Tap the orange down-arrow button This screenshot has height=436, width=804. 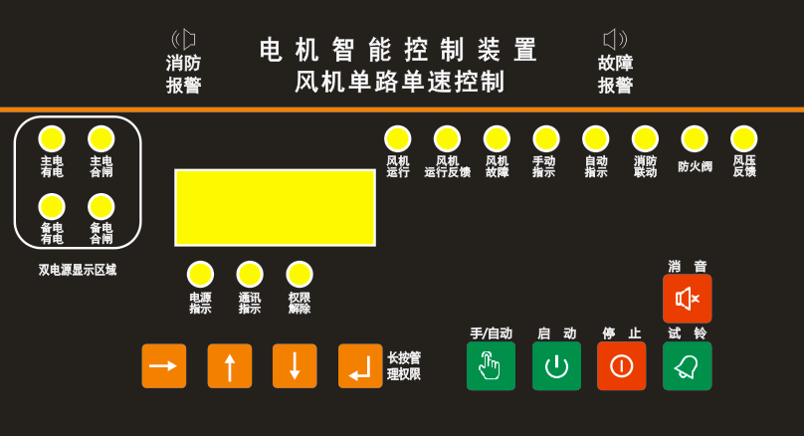[295, 366]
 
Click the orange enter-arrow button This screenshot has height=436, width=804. [359, 366]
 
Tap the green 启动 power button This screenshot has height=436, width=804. [556, 366]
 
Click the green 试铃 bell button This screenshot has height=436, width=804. [688, 366]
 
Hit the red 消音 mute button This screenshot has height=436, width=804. [688, 298]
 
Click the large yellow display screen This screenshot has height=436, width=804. [275, 207]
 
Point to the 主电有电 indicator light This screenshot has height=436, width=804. [52, 138]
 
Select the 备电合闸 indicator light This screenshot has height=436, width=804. [101, 206]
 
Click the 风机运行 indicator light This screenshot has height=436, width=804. [398, 138]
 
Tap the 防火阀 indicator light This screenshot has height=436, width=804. [695, 138]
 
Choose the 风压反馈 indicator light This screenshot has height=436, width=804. [744, 138]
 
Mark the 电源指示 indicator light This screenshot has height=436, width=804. [200, 274]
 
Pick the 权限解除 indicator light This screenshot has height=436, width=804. [300, 274]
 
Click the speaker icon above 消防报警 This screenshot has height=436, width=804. [184, 39]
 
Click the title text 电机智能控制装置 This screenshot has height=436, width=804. [399, 50]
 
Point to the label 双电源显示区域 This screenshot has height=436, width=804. [78, 270]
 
